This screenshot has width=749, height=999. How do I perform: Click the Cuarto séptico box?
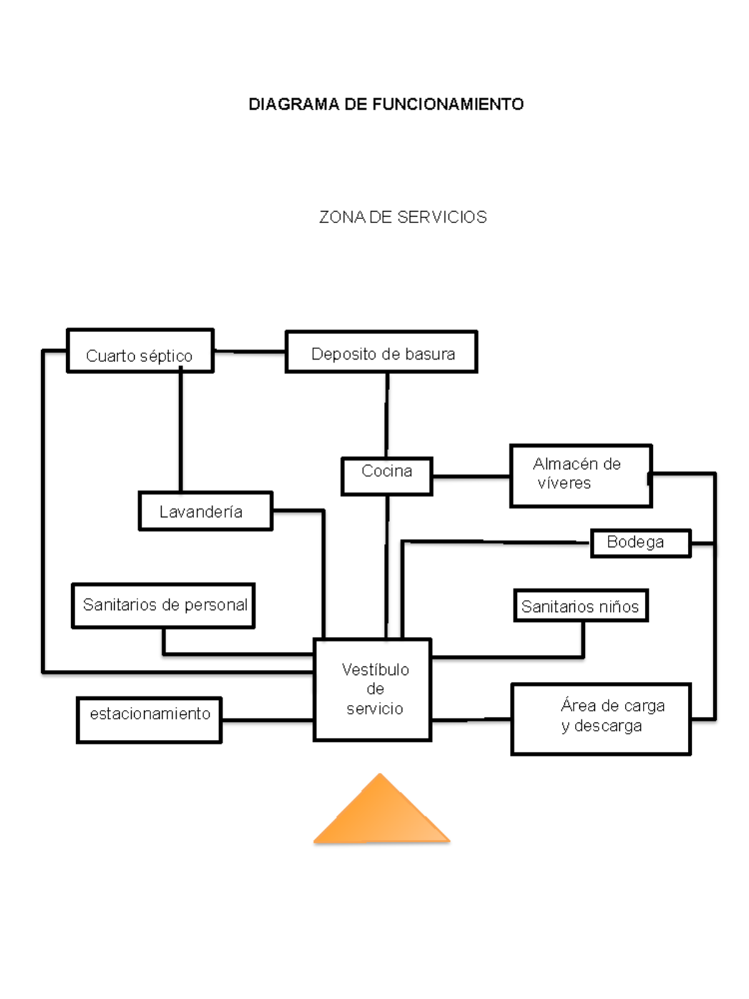coord(140,351)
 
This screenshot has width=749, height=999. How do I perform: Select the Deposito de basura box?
coord(381,352)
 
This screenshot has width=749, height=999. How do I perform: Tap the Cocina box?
coord(386,476)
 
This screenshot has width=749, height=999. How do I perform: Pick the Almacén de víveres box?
coord(580,476)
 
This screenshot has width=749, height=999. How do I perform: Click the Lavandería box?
coord(205,511)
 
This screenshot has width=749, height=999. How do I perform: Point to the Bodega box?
coord(640,543)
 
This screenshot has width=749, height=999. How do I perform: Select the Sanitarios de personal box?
coord(163,606)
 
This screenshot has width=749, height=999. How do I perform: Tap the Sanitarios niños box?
coord(580,606)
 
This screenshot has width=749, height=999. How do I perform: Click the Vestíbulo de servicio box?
coord(373,690)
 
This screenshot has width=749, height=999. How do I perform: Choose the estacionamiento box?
coord(149,720)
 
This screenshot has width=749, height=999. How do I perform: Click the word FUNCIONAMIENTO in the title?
coord(448,104)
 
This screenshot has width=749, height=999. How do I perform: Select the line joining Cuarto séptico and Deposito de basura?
coord(250,352)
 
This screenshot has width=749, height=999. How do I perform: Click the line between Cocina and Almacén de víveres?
coord(471,477)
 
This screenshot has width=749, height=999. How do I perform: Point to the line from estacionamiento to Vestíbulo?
coord(267,721)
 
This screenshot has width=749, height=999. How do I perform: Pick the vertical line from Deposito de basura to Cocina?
coord(387,415)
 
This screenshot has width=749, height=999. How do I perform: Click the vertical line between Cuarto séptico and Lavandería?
coord(181,431)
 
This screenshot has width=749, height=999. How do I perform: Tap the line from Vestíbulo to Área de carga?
coord(471,720)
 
